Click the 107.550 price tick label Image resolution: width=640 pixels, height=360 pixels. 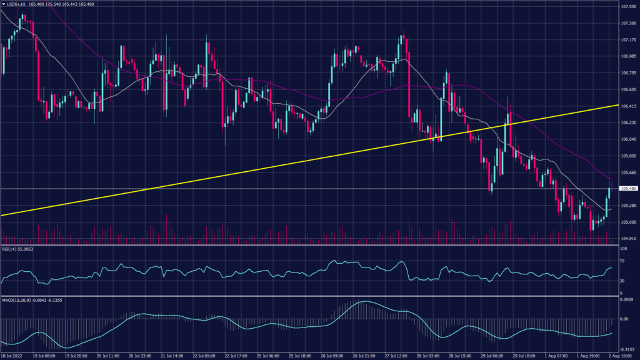click(x=628, y=7)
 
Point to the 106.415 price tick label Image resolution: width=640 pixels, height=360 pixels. click(x=628, y=106)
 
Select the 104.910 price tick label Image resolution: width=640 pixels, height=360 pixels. click(x=628, y=238)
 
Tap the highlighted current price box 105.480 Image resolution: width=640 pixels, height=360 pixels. click(x=628, y=188)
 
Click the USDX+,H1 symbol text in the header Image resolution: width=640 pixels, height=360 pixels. click(x=16, y=4)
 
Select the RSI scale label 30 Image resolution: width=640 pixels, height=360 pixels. click(x=622, y=281)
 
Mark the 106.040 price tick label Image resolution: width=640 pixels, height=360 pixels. click(x=628, y=139)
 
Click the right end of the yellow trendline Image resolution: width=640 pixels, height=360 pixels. click(x=618, y=106)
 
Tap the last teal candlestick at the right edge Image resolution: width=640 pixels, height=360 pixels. click(x=609, y=198)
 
